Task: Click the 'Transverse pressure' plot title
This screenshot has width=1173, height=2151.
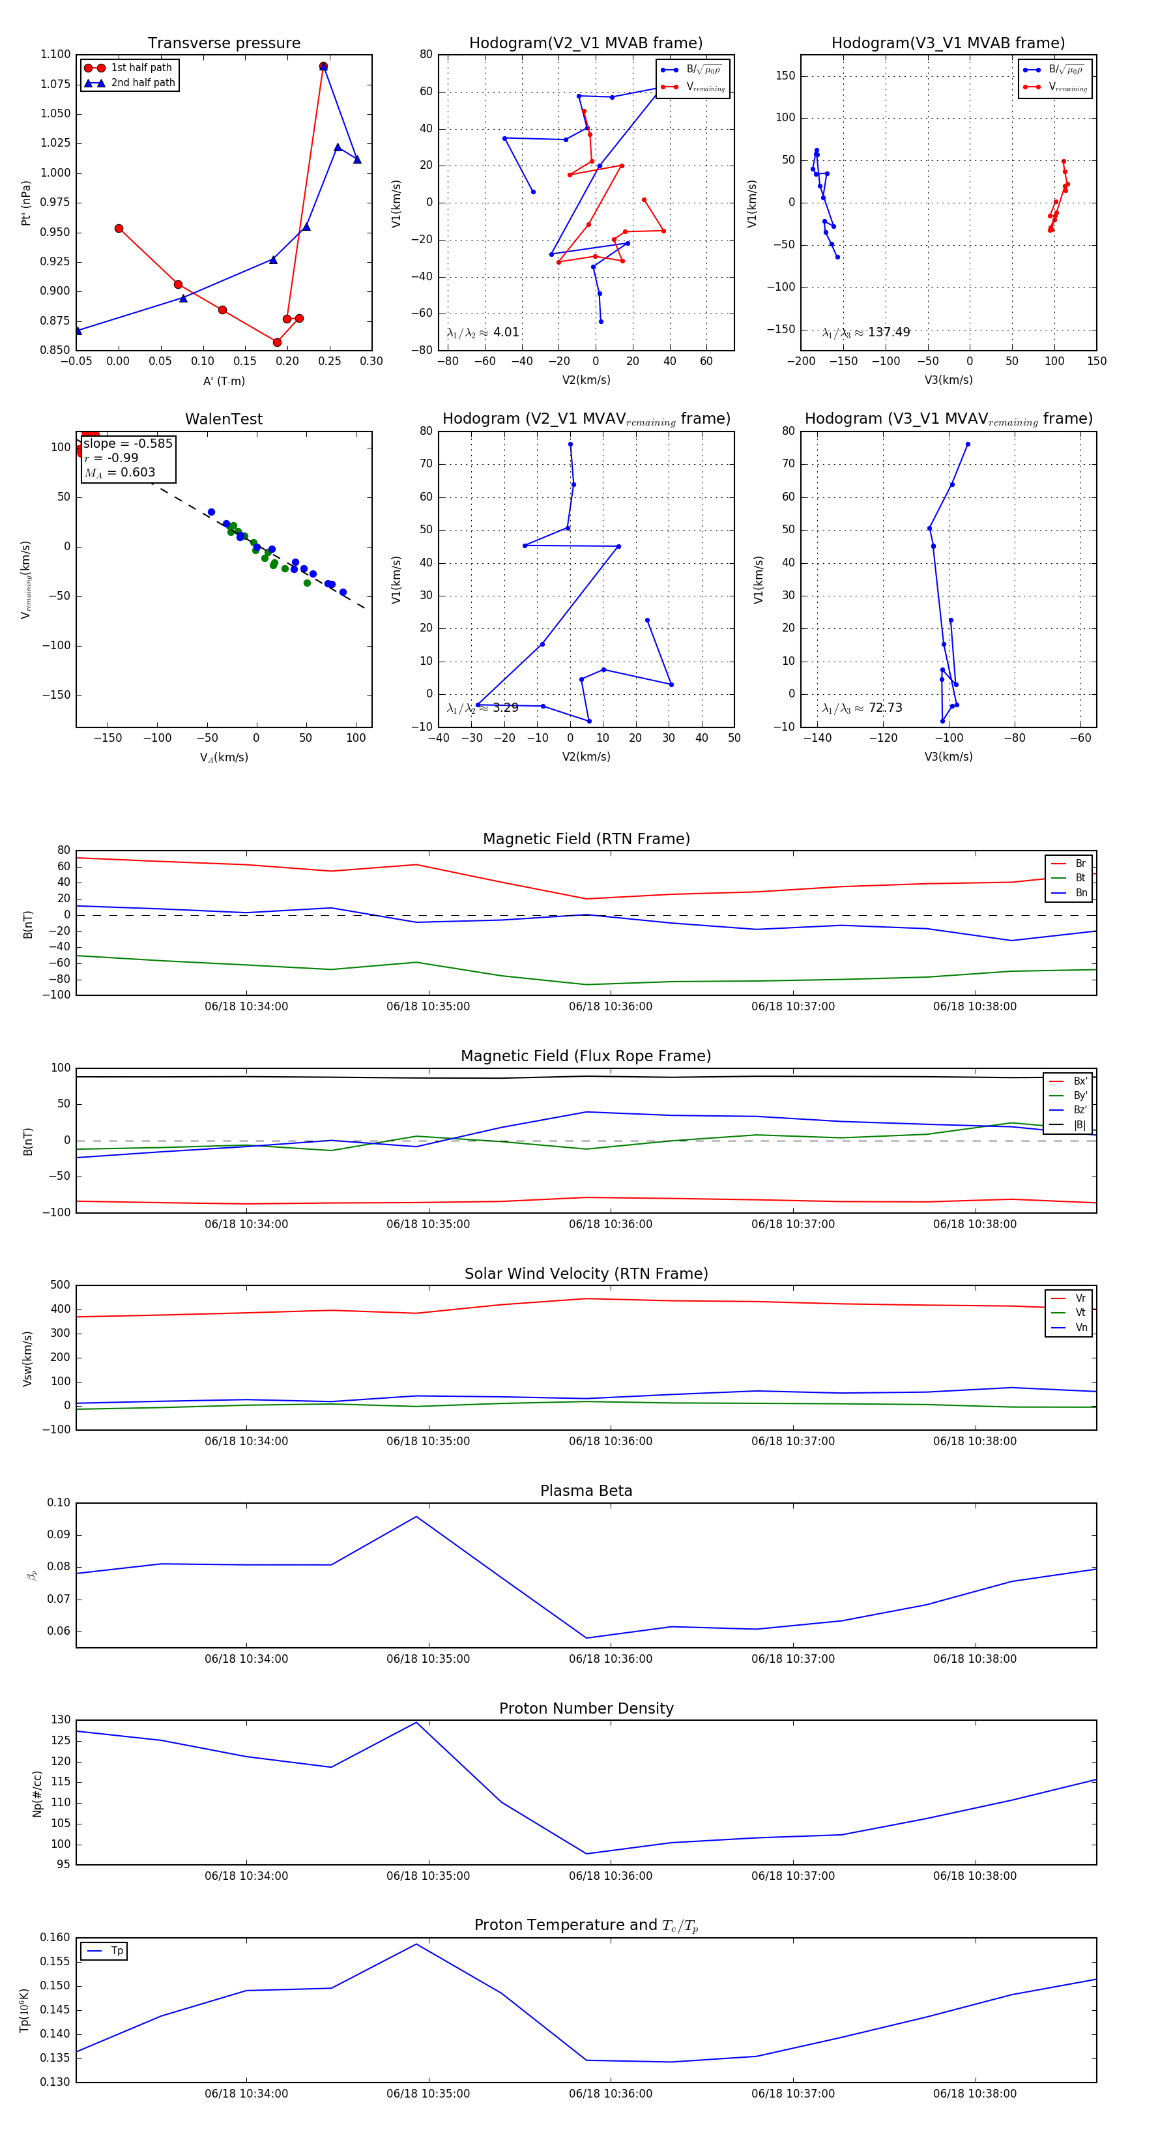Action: point(224,44)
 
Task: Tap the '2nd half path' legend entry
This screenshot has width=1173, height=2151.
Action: point(143,83)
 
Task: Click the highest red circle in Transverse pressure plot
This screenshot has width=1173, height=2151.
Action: point(323,66)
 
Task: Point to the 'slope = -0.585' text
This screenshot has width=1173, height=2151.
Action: point(128,443)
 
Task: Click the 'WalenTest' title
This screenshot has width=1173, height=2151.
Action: point(224,419)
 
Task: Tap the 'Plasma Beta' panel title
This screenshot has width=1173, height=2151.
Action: point(586,1491)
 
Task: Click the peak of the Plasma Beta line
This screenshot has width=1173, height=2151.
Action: point(416,1516)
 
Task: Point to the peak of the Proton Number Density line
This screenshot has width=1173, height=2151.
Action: point(416,1723)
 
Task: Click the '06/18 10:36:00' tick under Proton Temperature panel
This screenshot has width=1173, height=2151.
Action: point(611,2094)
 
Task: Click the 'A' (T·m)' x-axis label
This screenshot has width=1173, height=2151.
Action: point(224,381)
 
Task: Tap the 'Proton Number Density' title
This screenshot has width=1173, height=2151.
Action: point(586,1708)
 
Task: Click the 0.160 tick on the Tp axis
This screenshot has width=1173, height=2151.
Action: point(56,1937)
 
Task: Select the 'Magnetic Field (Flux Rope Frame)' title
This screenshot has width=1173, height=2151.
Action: point(586,1057)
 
